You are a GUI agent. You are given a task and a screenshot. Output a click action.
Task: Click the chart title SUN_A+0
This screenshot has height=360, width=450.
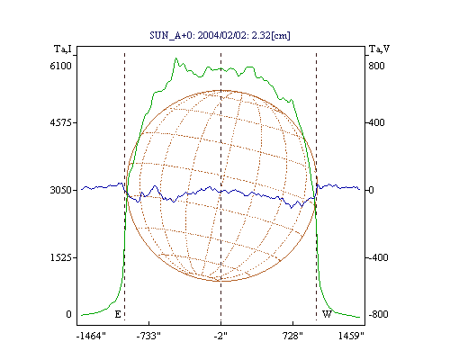pyautogui.click(x=169, y=36)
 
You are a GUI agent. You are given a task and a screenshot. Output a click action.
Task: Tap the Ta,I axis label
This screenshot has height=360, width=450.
pyautogui.click(x=63, y=49)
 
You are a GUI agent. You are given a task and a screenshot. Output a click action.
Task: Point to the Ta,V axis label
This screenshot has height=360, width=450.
pyautogui.click(x=379, y=49)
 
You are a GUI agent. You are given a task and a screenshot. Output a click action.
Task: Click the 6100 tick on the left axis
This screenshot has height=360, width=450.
pyautogui.click(x=60, y=66)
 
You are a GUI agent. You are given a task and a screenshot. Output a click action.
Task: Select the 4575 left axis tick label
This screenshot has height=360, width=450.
pyautogui.click(x=60, y=122)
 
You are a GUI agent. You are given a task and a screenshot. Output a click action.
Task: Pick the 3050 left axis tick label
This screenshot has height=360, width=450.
pyautogui.click(x=60, y=190)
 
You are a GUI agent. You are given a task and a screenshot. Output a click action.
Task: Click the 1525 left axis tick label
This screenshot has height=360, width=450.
pyautogui.click(x=60, y=257)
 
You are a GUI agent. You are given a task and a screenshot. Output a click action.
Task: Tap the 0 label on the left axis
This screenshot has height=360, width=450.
pyautogui.click(x=68, y=314)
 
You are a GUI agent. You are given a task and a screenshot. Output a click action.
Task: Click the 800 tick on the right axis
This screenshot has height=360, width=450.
pyautogui.click(x=376, y=66)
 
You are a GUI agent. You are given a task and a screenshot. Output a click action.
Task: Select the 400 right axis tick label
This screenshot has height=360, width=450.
pyautogui.click(x=376, y=122)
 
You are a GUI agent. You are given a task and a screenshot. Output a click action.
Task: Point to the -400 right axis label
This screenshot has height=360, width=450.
pyautogui.click(x=378, y=257)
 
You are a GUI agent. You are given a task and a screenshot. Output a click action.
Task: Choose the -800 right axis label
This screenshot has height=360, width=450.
pyautogui.click(x=378, y=314)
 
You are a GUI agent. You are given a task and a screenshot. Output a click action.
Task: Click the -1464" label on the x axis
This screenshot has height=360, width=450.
pyautogui.click(x=91, y=336)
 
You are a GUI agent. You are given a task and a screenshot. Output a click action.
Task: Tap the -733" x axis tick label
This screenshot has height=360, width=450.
pyautogui.click(x=148, y=336)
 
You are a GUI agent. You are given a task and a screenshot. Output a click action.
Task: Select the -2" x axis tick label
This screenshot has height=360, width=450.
pyautogui.click(x=220, y=336)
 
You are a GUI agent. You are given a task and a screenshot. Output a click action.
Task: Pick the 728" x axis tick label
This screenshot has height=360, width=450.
pyautogui.click(x=292, y=336)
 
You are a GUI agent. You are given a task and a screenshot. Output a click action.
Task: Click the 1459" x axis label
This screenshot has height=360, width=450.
pyautogui.click(x=351, y=336)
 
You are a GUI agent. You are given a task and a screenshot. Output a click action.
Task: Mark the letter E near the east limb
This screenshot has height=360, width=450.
pyautogui.click(x=118, y=314)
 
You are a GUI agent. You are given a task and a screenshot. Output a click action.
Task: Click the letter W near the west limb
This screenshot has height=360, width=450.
pyautogui.click(x=327, y=314)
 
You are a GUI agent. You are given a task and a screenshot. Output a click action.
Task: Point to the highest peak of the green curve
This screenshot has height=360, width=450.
pyautogui.click(x=175, y=58)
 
